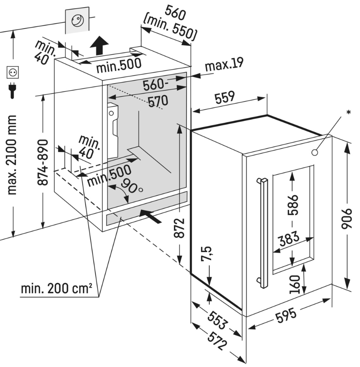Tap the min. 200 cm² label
[57, 290]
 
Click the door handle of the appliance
[263, 232]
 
